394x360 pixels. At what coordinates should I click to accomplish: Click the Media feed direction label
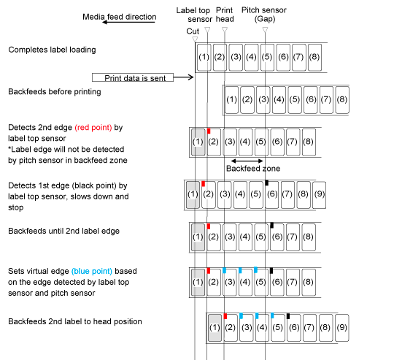[x=120, y=17]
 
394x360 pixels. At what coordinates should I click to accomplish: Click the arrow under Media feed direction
[x=128, y=22]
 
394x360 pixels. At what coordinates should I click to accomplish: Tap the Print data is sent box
[x=133, y=77]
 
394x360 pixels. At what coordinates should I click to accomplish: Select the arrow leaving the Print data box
[x=183, y=77]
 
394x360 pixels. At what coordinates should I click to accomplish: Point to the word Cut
[x=193, y=31]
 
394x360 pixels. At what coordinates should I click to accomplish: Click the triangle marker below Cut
[x=195, y=39]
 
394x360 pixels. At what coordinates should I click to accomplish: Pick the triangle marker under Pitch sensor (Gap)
[x=265, y=30]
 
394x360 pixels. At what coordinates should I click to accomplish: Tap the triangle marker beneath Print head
[x=225, y=30]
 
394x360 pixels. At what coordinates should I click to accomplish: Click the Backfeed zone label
[x=253, y=169]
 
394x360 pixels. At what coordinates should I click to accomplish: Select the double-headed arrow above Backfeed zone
[x=247, y=161]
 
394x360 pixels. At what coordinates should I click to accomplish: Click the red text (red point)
[x=93, y=128]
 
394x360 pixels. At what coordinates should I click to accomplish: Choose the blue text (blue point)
[x=92, y=271]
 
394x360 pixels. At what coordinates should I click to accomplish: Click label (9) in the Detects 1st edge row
[x=319, y=195]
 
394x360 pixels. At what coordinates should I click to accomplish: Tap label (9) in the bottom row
[x=342, y=328]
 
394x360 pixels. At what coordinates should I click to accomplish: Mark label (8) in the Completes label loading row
[x=314, y=58]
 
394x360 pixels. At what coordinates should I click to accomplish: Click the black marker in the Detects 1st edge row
[x=267, y=183]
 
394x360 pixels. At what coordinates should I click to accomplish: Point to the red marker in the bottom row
[x=225, y=316]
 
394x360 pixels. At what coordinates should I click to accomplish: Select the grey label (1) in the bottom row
[x=215, y=328]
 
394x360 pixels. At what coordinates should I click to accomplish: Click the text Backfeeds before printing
[x=55, y=92]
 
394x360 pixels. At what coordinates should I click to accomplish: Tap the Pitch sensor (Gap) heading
[x=264, y=15]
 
